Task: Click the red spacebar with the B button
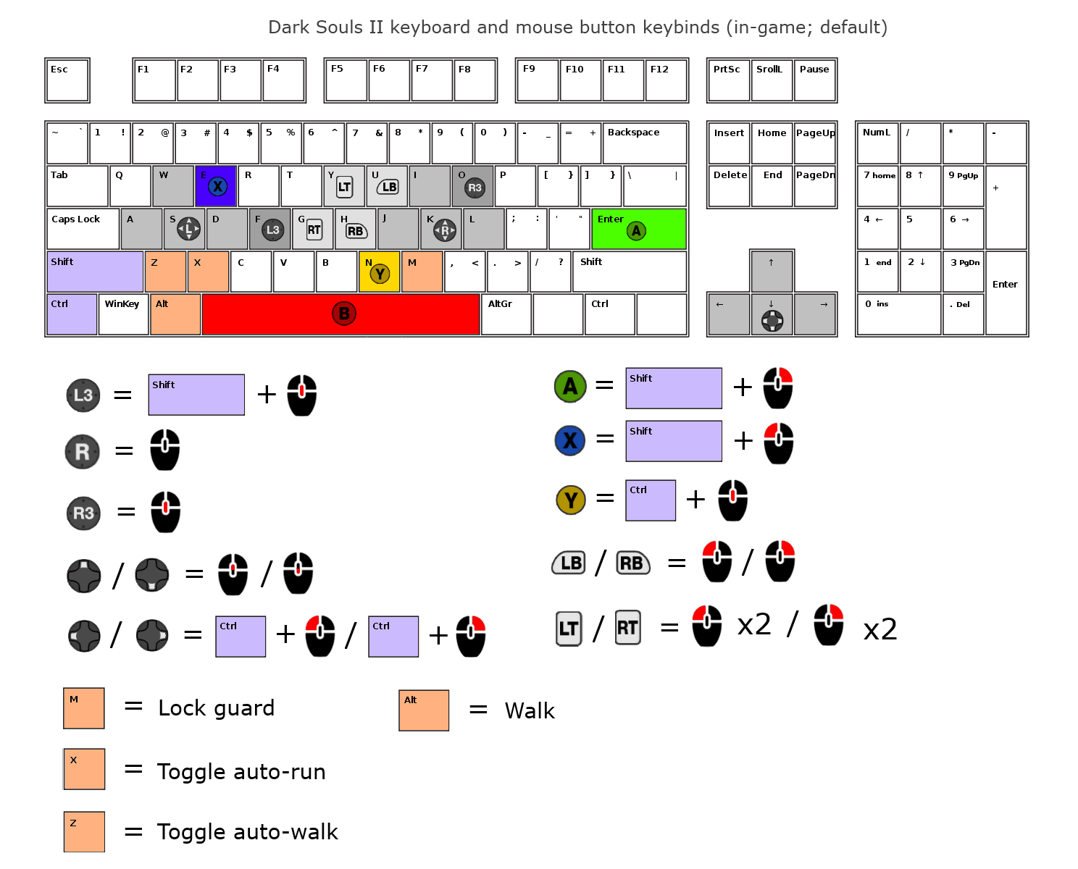(x=340, y=314)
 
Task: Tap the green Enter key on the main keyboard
(x=638, y=229)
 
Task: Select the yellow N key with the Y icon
(x=379, y=272)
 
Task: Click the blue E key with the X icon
(x=216, y=186)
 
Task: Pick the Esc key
(x=67, y=80)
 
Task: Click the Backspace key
(x=644, y=143)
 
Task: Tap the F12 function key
(x=666, y=80)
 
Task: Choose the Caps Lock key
(x=83, y=229)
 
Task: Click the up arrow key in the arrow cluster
(x=772, y=271)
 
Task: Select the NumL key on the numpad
(x=877, y=143)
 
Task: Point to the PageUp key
(x=815, y=143)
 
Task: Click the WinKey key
(x=123, y=314)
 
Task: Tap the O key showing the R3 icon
(x=472, y=186)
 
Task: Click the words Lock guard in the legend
(x=217, y=708)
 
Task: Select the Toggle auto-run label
(x=241, y=772)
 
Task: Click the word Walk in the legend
(x=530, y=711)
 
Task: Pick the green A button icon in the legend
(x=570, y=386)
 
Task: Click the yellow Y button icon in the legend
(x=571, y=500)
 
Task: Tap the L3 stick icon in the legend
(x=83, y=395)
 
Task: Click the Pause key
(x=815, y=80)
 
